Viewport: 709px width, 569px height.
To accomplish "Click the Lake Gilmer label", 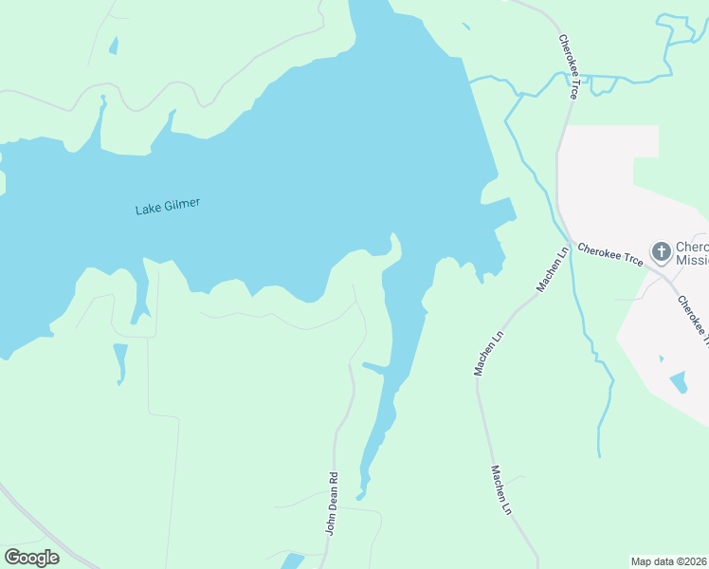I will pyautogui.click(x=168, y=207).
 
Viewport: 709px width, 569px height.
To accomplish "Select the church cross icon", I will pyautogui.click(x=661, y=253).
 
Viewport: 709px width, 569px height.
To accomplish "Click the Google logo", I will pyautogui.click(x=32, y=558).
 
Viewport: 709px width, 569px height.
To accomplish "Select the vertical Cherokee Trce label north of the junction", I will pyautogui.click(x=569, y=67).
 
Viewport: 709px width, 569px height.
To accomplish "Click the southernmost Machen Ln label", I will pyautogui.click(x=501, y=490).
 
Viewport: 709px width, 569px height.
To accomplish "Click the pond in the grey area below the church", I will pyautogui.click(x=679, y=383).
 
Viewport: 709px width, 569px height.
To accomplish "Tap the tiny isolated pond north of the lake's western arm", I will pyautogui.click(x=114, y=46).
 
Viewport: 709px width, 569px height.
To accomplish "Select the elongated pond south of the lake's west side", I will pyautogui.click(x=120, y=362).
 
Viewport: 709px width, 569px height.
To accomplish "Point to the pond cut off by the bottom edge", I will pyautogui.click(x=293, y=561).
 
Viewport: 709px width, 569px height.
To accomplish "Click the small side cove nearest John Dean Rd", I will pyautogui.click(x=373, y=368).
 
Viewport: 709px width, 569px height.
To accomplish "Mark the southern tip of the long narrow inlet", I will pyautogui.click(x=360, y=496).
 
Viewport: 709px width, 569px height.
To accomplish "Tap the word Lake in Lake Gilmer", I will pyautogui.click(x=147, y=210).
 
